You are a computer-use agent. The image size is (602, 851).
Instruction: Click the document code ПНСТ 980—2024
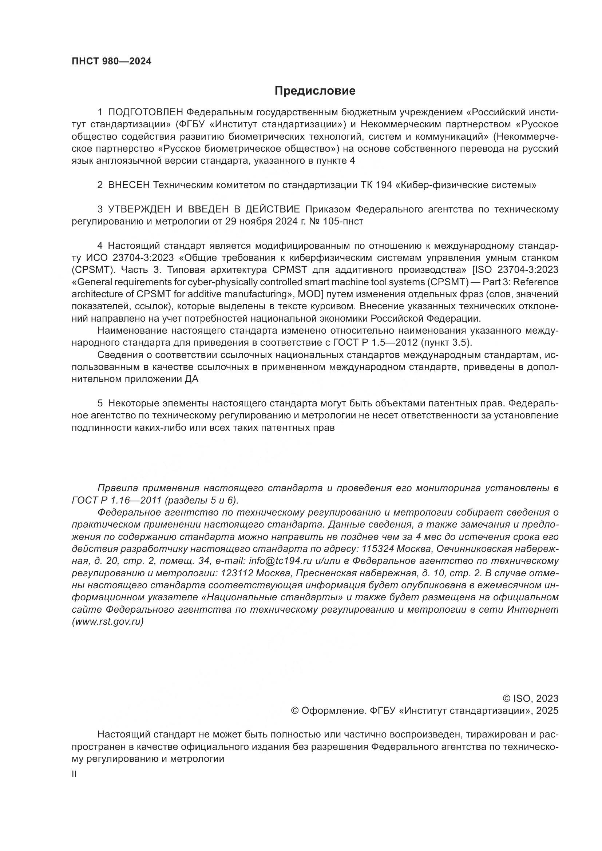[112, 61]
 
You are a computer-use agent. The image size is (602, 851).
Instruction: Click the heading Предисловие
[315, 91]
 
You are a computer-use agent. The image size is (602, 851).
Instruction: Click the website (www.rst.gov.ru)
[107, 622]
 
